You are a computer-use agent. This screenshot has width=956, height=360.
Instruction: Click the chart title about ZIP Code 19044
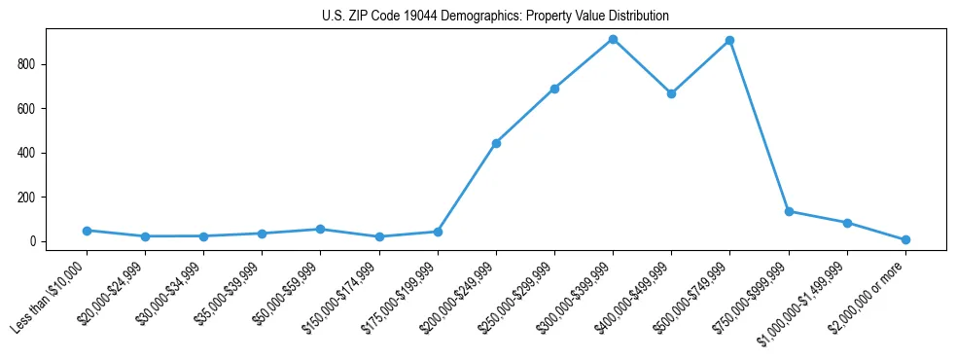(x=495, y=17)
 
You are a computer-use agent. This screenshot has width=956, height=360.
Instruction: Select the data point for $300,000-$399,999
(x=613, y=39)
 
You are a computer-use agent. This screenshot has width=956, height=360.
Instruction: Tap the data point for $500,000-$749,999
(x=729, y=41)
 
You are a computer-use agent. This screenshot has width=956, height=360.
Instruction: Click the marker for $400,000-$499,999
(x=671, y=93)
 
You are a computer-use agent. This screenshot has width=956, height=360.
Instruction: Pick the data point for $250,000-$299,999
(x=554, y=89)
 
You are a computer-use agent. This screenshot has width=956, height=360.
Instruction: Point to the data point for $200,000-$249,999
(x=496, y=143)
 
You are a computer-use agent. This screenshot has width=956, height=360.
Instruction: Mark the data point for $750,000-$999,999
(x=789, y=211)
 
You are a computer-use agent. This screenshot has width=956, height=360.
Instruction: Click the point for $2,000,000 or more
(x=905, y=239)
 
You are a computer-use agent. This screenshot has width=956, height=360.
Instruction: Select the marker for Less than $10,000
(x=87, y=231)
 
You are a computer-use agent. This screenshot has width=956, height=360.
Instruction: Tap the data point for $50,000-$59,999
(x=320, y=229)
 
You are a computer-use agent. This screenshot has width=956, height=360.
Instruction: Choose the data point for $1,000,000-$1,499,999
(x=847, y=223)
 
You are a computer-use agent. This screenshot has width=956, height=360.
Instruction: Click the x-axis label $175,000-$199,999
(x=402, y=298)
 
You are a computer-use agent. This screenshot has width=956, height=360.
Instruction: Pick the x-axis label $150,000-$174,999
(x=343, y=298)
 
